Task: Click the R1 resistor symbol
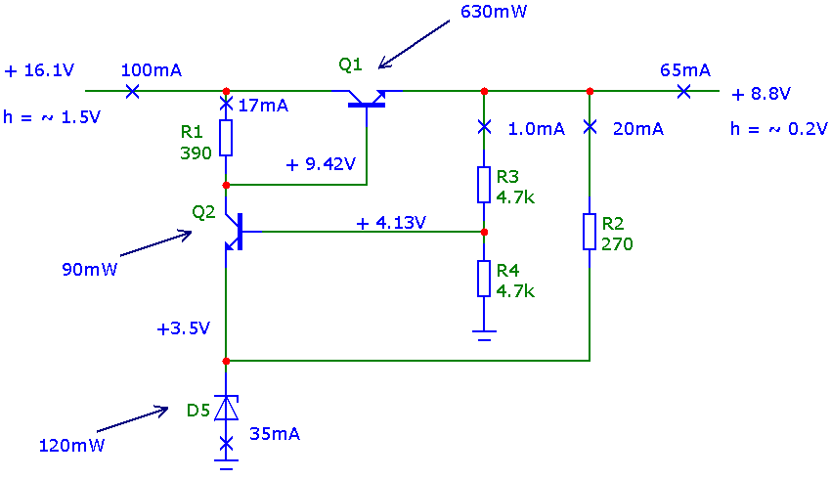pos(226,138)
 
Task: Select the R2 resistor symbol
pos(590,232)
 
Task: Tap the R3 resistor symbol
pos(483,185)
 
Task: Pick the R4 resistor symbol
pos(483,279)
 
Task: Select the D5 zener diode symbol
pos(226,408)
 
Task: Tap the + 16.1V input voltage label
pos(39,70)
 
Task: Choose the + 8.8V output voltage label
pos(761,94)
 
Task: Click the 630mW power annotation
pos(494,12)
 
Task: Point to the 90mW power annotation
pos(90,269)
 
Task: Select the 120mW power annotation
pos(71,445)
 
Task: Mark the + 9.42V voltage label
pos(321,164)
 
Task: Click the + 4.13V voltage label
pos(392,223)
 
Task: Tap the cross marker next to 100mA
pos(133,91)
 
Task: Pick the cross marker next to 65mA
pos(683,91)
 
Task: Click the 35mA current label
pos(275,434)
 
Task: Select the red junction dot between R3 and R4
pos(484,232)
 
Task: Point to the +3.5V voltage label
pos(184,328)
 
